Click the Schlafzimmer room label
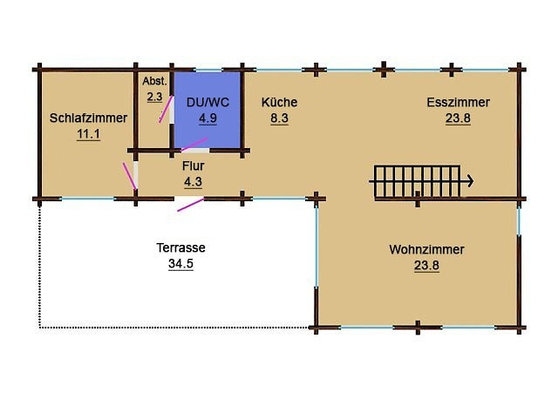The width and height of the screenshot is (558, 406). click(x=88, y=118)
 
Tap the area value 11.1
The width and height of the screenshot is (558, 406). click(x=89, y=134)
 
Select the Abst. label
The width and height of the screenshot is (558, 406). click(x=154, y=81)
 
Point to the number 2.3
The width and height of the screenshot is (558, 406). click(x=154, y=97)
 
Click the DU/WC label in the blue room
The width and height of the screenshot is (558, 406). click(x=208, y=103)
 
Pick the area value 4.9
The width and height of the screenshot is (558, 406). click(x=208, y=118)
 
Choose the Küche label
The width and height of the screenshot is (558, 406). click(x=279, y=103)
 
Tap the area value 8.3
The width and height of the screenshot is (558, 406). click(x=279, y=118)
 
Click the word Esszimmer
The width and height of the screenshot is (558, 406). click(x=458, y=103)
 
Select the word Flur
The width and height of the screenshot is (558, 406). click(x=194, y=166)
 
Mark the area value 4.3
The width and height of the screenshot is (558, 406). click(x=194, y=182)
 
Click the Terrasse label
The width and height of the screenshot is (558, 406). click(x=180, y=247)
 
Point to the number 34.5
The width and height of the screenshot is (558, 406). click(x=180, y=264)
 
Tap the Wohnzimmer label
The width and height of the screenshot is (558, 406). click(x=426, y=249)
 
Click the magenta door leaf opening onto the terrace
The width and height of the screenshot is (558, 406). click(x=190, y=205)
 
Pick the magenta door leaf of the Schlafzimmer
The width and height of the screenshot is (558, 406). click(x=130, y=176)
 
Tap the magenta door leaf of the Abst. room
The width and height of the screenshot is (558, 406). click(x=166, y=109)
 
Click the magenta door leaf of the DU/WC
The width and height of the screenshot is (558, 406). click(x=194, y=145)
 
